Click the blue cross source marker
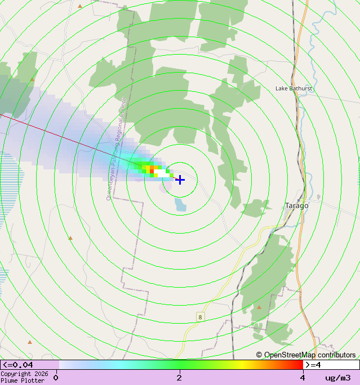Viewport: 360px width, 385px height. [x=180, y=180]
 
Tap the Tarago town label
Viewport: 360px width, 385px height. [x=296, y=205]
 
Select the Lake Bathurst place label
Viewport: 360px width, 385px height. [x=294, y=88]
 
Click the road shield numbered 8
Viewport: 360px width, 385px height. [x=200, y=317]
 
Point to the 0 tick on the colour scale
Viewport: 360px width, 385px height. [x=56, y=378]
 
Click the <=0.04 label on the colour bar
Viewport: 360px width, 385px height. [x=17, y=365]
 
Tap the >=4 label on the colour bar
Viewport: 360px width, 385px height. [x=313, y=365]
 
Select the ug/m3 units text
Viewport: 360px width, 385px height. [x=338, y=378]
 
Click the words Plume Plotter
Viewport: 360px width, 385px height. [x=23, y=380]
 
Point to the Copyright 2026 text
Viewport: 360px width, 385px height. [x=24, y=374]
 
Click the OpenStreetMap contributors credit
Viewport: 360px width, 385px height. [x=306, y=355]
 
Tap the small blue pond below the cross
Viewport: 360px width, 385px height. [x=180, y=204]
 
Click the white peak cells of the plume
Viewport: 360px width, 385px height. [x=163, y=174]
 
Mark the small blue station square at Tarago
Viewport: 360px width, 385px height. [x=299, y=200]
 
